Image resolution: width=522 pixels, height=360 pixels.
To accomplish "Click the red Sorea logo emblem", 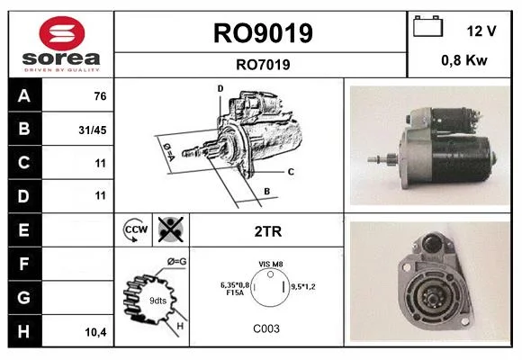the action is [x=62, y=33].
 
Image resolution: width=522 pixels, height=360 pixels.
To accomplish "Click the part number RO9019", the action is [x=263, y=33].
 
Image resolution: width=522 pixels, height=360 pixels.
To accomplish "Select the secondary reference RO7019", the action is [x=263, y=65].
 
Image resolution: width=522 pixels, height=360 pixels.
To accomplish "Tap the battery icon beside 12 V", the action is [x=427, y=26].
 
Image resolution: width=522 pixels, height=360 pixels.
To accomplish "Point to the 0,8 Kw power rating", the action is [x=464, y=60].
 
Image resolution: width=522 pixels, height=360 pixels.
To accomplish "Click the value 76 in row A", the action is [x=100, y=96].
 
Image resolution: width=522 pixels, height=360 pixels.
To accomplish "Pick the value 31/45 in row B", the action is [x=93, y=130].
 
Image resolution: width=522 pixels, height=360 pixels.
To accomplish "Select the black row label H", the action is [x=24, y=331].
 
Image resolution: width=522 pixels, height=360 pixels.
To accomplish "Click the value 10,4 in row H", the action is [x=96, y=332].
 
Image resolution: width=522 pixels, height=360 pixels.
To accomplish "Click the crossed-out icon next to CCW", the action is [x=171, y=229].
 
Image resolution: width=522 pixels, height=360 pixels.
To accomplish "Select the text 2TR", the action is [x=268, y=231].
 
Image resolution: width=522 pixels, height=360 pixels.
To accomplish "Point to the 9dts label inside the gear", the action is [x=158, y=301].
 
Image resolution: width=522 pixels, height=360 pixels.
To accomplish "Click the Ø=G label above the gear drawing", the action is [x=176, y=262].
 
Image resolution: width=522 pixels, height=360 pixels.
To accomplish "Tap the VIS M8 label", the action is [x=271, y=264].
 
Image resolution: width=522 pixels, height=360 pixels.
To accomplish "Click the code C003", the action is [x=266, y=328].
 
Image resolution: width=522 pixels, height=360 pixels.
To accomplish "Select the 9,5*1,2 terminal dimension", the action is [x=303, y=286].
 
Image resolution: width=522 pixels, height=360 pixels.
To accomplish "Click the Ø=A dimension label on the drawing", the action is [x=169, y=151].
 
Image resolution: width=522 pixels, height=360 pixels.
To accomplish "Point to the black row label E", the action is [x=24, y=230].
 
